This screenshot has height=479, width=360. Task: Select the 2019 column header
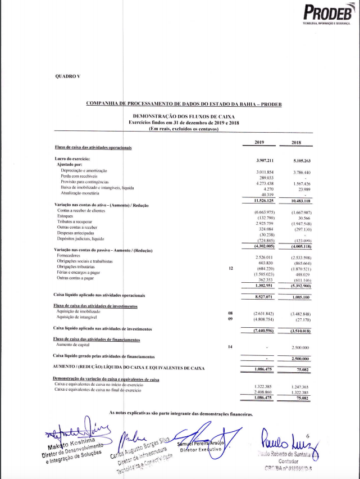(259, 143)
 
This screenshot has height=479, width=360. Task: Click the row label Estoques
(66, 216)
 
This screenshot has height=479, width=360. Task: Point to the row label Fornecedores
(70, 255)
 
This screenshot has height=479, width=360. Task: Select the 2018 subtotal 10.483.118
(300, 201)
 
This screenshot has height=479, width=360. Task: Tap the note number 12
(230, 268)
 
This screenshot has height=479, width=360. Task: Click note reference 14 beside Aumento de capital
(230, 347)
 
